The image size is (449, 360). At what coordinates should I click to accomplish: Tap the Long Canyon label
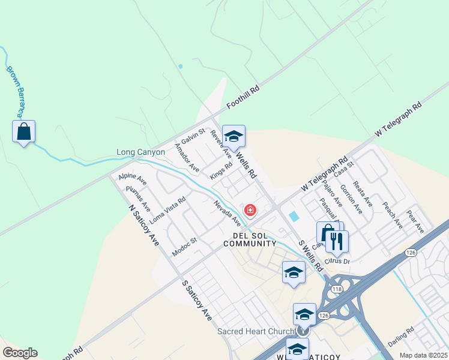[140, 152]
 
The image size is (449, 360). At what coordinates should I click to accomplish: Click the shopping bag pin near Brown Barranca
[23, 132]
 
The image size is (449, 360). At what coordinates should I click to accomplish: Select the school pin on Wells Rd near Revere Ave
[234, 136]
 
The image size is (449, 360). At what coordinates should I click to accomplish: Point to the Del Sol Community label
[250, 239]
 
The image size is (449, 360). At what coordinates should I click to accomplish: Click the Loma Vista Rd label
[167, 209]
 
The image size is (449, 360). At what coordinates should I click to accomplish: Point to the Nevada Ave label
[227, 214]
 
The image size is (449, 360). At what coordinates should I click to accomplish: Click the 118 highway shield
[337, 289]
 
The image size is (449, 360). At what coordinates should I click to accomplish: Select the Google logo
[20, 353]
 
